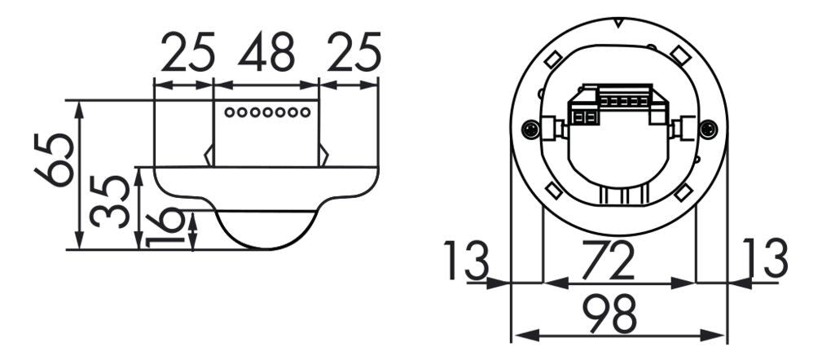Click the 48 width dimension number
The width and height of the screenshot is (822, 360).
pyautogui.click(x=266, y=54)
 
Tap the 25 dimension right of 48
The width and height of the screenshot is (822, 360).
pyautogui.click(x=353, y=54)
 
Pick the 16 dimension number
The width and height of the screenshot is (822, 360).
pyautogui.click(x=165, y=228)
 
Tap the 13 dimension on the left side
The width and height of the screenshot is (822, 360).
pyautogui.click(x=468, y=259)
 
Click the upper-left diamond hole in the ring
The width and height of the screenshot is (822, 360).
pyautogui.click(x=552, y=59)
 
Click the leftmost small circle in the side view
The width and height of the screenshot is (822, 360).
pyautogui.click(x=230, y=112)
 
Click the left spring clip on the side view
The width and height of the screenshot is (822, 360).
pyautogui.click(x=209, y=155)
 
